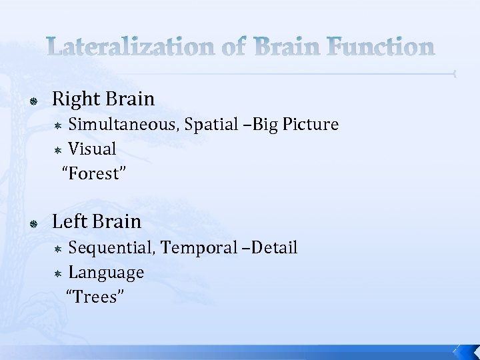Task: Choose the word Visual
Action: tap(92, 149)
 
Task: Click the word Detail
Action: tap(273, 248)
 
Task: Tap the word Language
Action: tap(106, 273)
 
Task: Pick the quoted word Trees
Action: tap(93, 297)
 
